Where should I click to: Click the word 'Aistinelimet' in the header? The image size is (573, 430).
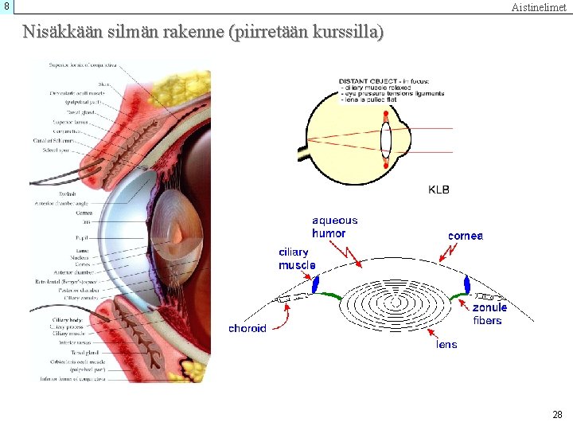pyautogui.click(x=539, y=7)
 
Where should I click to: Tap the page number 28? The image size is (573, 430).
pyautogui.click(x=557, y=414)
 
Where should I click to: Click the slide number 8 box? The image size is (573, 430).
pyautogui.click(x=6, y=6)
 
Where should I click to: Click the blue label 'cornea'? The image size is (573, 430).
pyautogui.click(x=466, y=236)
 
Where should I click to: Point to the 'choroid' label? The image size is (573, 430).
pyautogui.click(x=248, y=328)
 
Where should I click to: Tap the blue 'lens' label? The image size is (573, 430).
pyautogui.click(x=446, y=344)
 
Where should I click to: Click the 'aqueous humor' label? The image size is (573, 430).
pyautogui.click(x=334, y=227)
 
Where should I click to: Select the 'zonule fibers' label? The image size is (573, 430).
pyautogui.click(x=489, y=314)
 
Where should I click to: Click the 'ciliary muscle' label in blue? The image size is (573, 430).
pyautogui.click(x=297, y=259)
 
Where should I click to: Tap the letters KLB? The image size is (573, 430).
pyautogui.click(x=439, y=190)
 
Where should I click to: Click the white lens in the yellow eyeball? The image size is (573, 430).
pyautogui.click(x=386, y=140)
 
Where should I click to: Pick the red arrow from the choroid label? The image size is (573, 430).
pyautogui.click(x=280, y=317)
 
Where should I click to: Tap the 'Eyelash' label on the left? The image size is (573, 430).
pyautogui.click(x=68, y=194)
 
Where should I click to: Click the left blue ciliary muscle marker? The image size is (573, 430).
pyautogui.click(x=315, y=283)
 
